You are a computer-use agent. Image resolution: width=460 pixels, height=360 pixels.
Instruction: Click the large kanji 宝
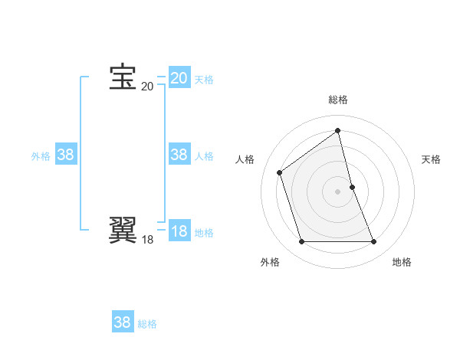click(x=123, y=77)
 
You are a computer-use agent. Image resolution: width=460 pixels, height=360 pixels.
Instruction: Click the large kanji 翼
click(x=123, y=230)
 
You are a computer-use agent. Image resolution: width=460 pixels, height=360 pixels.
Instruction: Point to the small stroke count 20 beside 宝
click(x=147, y=87)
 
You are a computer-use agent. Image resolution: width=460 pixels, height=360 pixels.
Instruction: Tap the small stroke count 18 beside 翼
click(x=147, y=240)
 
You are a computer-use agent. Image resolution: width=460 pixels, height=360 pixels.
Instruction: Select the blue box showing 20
click(x=179, y=78)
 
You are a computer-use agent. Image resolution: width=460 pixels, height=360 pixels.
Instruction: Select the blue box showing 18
click(x=179, y=231)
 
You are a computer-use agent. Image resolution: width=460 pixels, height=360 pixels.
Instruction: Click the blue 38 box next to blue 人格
click(x=179, y=155)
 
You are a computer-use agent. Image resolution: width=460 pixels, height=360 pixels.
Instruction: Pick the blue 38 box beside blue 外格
click(x=65, y=155)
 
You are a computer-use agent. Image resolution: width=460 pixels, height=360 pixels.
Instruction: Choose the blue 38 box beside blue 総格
click(x=123, y=322)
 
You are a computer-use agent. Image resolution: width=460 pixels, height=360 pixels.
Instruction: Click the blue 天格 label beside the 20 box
click(x=203, y=80)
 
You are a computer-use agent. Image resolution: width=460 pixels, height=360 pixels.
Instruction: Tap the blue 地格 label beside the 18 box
click(x=203, y=233)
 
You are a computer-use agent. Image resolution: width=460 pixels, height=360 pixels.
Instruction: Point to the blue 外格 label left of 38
click(x=41, y=156)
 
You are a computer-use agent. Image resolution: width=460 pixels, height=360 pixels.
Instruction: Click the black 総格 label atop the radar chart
click(x=338, y=100)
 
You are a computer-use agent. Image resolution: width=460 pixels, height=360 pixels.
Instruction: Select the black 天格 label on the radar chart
click(x=431, y=159)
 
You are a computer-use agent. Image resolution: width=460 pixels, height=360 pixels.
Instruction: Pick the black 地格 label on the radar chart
click(x=402, y=262)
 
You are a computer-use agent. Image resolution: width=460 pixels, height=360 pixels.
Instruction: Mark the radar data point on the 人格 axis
click(x=280, y=172)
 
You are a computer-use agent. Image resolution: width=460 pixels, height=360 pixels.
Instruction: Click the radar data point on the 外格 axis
click(x=301, y=242)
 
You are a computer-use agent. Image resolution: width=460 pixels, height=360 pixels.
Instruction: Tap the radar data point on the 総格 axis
click(x=338, y=130)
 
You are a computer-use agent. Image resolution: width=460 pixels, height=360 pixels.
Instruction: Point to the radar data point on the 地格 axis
click(x=374, y=242)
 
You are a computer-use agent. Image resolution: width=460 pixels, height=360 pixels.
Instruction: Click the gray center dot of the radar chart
click(x=338, y=191)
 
